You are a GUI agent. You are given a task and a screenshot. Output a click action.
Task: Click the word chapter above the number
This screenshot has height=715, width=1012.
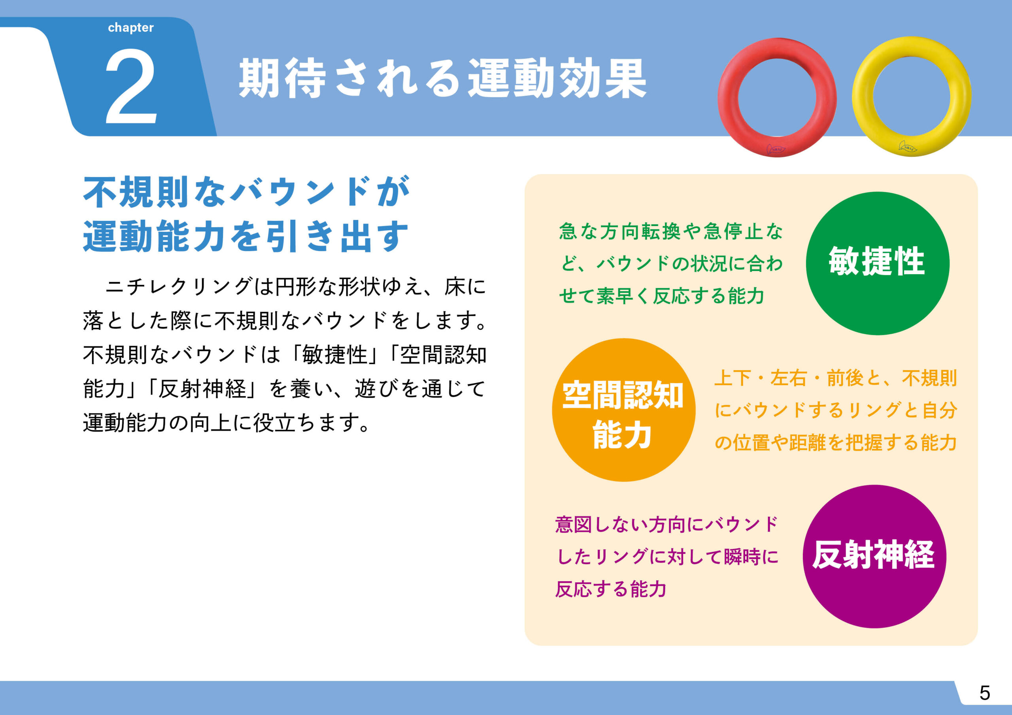[x=130, y=28]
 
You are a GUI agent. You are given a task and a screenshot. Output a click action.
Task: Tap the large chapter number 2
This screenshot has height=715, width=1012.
[x=131, y=87]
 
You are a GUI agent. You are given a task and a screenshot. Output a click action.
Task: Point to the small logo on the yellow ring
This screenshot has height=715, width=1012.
[x=908, y=147]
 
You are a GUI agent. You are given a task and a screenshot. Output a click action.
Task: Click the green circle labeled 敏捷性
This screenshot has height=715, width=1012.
[x=878, y=263]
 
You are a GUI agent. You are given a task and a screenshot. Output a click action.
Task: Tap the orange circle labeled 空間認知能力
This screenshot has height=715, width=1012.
[x=624, y=410]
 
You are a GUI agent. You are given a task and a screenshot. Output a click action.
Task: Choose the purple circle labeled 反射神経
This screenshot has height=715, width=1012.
[x=874, y=557]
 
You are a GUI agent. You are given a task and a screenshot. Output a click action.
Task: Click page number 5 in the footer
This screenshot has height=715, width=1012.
[x=985, y=693]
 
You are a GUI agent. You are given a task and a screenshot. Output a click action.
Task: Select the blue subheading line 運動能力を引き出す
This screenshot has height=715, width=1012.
[x=246, y=236]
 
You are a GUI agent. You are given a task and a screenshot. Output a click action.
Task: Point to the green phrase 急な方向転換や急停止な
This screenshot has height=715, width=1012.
[x=671, y=231]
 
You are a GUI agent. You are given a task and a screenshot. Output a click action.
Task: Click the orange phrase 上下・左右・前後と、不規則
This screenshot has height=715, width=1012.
[x=835, y=378]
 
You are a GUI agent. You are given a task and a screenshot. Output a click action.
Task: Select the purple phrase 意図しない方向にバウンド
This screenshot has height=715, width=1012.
[x=667, y=525]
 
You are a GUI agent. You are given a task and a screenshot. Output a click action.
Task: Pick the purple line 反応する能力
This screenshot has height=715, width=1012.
[x=610, y=589]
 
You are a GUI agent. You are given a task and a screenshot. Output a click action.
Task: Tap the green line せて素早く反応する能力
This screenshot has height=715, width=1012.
[x=662, y=295]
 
